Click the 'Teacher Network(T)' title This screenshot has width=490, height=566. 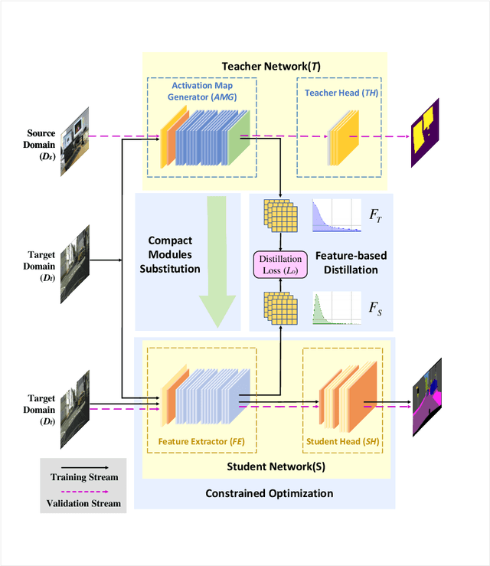[270, 67]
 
